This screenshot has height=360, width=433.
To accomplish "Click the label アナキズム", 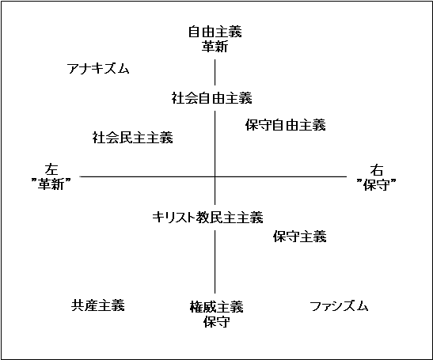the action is [98, 69].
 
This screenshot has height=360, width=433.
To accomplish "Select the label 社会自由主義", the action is [212, 98].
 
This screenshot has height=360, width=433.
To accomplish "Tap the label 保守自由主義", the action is [286, 125].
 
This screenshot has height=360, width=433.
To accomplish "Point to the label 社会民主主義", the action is [132, 138].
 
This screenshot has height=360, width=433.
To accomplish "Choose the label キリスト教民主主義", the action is [207, 218].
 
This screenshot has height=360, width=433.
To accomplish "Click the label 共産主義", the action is [98, 305].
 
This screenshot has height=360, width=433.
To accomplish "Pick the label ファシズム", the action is [339, 306].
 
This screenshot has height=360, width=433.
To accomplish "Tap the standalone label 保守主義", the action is [300, 237].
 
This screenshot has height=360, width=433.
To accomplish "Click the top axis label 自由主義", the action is [215, 32].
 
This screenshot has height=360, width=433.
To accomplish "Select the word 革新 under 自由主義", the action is [215, 46].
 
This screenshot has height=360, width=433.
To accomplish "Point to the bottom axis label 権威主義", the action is [217, 307].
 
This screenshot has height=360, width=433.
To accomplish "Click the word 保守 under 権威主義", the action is [217, 321].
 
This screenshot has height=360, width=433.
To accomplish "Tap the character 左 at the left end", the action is [51, 169].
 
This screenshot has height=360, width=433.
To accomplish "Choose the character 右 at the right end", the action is [377, 170].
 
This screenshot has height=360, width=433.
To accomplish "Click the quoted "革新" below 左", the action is [51, 184].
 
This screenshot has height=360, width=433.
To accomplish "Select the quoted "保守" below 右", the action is [376, 184].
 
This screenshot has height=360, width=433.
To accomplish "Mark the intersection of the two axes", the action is [215, 176].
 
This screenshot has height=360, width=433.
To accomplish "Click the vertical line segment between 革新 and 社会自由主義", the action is [215, 72].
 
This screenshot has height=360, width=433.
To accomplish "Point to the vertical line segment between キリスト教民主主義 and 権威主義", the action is [215, 262].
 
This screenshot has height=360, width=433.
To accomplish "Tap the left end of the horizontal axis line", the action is [80, 176].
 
